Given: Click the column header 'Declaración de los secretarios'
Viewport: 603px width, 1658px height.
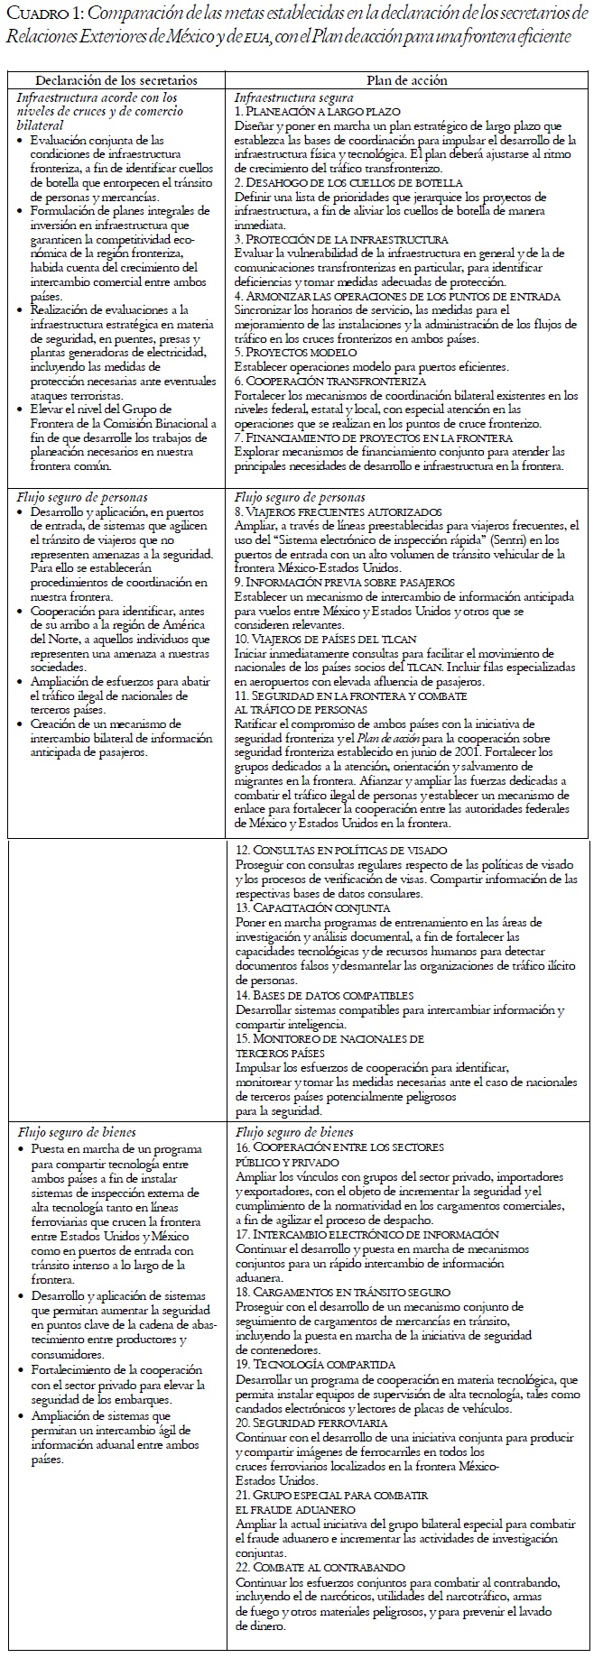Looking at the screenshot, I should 119,80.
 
